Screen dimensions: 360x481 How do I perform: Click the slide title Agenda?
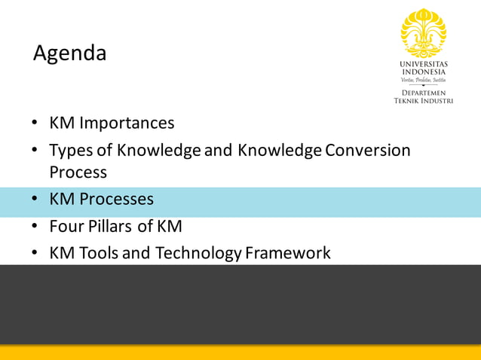(69, 53)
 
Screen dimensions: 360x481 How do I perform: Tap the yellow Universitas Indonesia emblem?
(423, 32)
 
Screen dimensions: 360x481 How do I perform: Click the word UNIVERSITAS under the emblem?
(423, 64)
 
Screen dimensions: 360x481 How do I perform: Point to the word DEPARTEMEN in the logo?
(423, 92)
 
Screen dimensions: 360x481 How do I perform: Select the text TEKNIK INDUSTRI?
(423, 100)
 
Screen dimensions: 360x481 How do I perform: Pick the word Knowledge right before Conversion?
(280, 150)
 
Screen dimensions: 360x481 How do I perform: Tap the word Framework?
(288, 253)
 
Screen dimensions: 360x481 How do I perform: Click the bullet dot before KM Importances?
(35, 124)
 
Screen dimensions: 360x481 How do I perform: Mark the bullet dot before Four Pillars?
(35, 227)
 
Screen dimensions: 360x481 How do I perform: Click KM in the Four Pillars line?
(169, 226)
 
